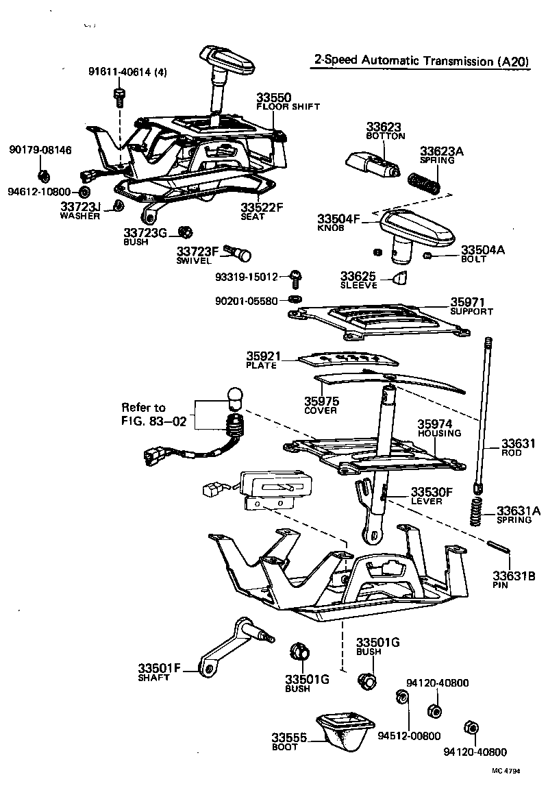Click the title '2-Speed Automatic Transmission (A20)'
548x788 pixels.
pyautogui.click(x=421, y=61)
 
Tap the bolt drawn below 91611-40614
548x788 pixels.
pyautogui.click(x=119, y=96)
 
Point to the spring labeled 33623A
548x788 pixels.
pyautogui.click(x=423, y=183)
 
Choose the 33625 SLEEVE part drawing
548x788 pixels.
pyautogui.click(x=399, y=277)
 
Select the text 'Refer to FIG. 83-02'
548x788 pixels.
pyautogui.click(x=153, y=414)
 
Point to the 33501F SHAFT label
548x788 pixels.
pyautogui.click(x=159, y=672)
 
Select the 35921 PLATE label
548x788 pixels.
pyautogui.click(x=262, y=360)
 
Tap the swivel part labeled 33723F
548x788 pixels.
pyautogui.click(x=240, y=256)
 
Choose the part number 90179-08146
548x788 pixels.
pyautogui.click(x=40, y=150)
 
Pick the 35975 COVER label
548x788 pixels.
pyautogui.click(x=321, y=405)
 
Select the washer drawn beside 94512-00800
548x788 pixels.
pyautogui.click(x=403, y=698)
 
